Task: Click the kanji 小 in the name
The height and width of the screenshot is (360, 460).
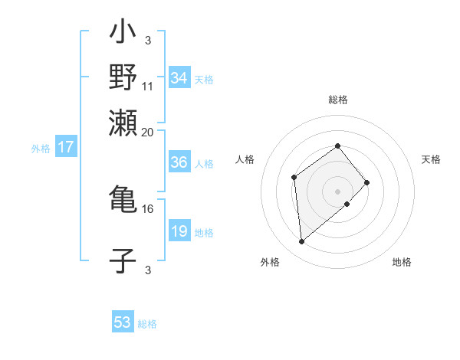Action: point(123,34)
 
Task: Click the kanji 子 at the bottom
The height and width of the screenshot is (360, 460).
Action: point(123,260)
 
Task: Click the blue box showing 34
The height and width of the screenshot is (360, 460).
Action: point(179,78)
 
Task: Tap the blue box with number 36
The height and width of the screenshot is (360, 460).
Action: point(179,162)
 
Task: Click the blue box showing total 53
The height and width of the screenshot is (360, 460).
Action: point(123,322)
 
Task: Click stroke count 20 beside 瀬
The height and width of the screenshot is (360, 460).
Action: point(148,132)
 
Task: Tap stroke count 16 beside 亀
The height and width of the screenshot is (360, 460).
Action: point(148,208)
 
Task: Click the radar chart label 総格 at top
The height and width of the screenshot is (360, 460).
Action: point(337,100)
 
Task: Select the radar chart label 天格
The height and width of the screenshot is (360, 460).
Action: point(432,159)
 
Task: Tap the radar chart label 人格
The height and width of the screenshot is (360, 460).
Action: point(245,159)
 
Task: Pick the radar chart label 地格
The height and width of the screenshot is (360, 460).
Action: point(402,262)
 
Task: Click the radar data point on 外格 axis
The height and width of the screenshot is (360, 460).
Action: point(302,242)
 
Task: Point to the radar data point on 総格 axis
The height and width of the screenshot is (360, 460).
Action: point(337,146)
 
